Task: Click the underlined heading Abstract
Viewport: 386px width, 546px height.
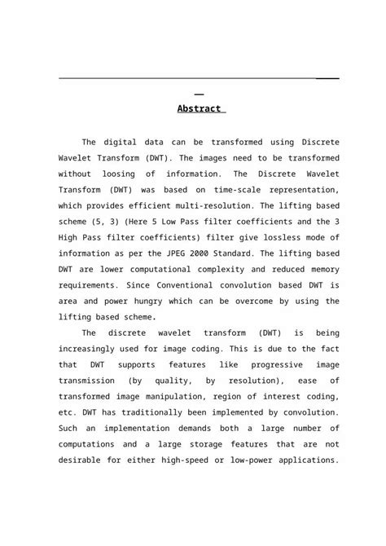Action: coord(199,108)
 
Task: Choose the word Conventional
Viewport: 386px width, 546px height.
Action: coord(195,286)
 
